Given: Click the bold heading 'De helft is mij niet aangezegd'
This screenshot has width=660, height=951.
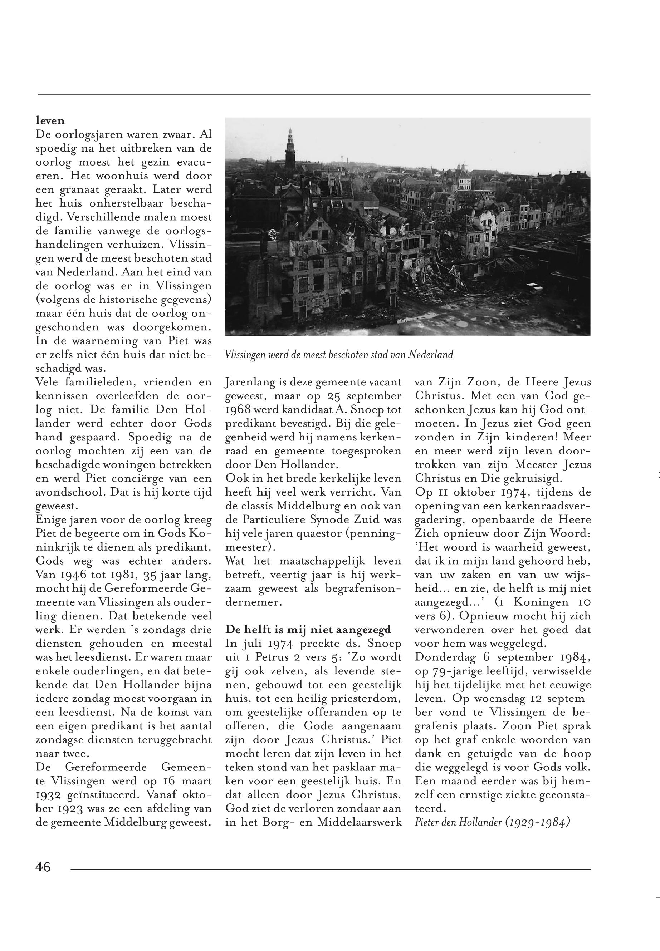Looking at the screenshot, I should point(308,630).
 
